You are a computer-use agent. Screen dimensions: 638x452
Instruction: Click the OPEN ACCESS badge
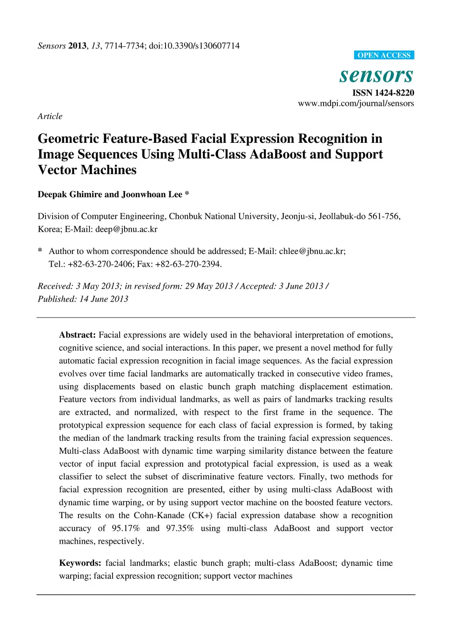(x=384, y=55)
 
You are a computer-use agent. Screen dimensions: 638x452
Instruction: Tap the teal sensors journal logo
(x=376, y=75)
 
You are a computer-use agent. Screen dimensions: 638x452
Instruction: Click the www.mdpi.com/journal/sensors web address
(x=356, y=103)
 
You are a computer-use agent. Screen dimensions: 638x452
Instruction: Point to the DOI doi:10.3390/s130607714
(x=194, y=46)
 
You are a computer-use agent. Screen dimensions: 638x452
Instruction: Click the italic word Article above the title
(x=50, y=116)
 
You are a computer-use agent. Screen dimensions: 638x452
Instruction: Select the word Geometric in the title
(x=68, y=139)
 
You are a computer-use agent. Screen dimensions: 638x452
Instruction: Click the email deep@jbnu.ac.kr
(x=126, y=229)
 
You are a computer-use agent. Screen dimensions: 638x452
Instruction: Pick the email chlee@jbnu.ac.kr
(x=311, y=251)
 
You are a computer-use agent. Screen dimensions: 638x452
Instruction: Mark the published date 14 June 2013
(x=104, y=299)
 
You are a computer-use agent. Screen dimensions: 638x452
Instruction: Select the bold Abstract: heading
(x=77, y=335)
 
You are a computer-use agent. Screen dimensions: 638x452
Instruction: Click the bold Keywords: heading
(x=80, y=563)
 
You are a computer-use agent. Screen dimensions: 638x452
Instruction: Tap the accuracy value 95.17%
(x=125, y=528)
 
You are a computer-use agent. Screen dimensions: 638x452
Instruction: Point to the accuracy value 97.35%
(x=180, y=528)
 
